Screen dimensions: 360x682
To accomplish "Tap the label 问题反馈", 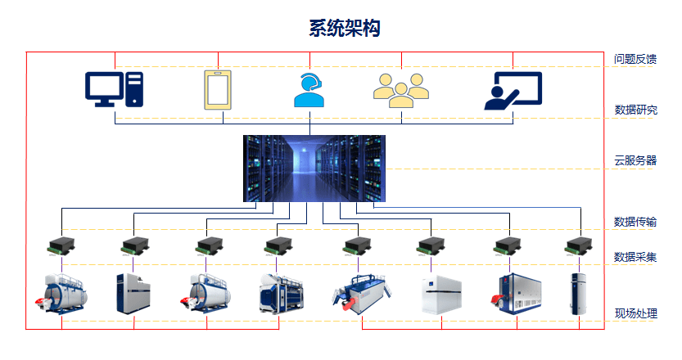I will (635, 59).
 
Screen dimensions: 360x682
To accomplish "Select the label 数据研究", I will (635, 110).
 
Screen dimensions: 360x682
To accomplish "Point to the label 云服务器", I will (635, 160).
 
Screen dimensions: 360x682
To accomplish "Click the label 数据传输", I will (635, 222).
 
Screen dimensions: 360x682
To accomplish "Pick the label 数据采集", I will (635, 258).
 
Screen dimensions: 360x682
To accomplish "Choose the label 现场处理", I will (635, 313).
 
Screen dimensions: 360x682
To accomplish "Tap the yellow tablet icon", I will (218, 90).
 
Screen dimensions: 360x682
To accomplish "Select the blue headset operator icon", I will (309, 90).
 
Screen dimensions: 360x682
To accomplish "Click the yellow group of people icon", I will (400, 90).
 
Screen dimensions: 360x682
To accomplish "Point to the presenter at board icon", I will (513, 90).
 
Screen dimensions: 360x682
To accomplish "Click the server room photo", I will (314, 169).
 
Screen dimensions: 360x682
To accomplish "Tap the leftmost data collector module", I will (61, 245).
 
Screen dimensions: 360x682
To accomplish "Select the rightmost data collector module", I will (580, 245).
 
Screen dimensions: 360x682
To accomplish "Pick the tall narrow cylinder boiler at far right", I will (579, 295).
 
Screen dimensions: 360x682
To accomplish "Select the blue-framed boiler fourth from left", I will (281, 294).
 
